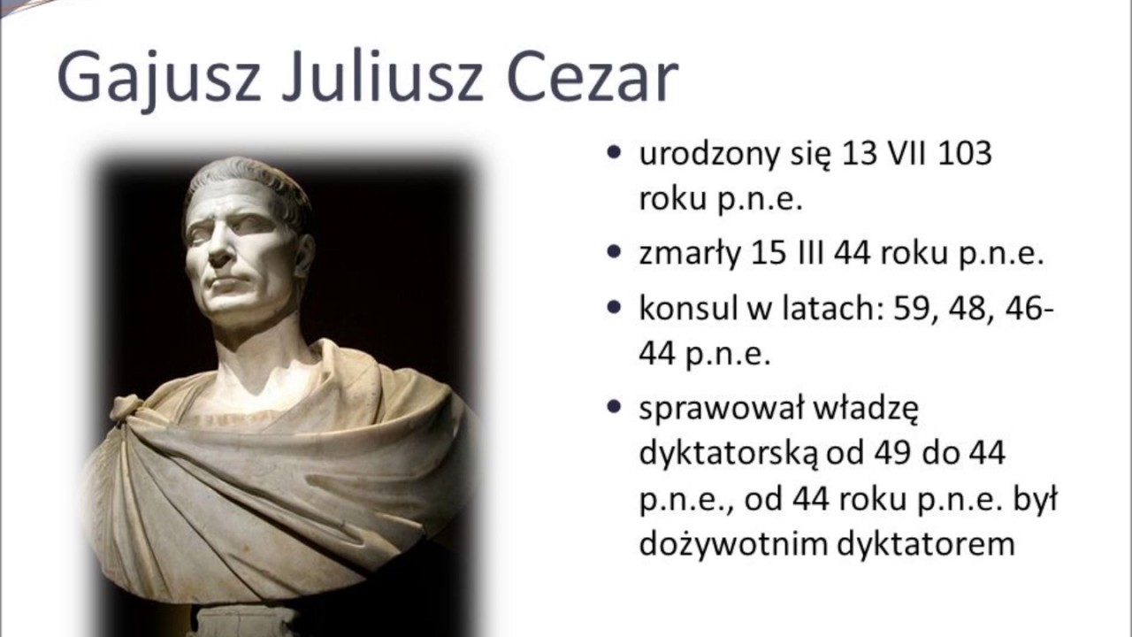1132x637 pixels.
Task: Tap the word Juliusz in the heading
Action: (379, 77)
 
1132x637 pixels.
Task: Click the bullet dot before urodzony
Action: (614, 153)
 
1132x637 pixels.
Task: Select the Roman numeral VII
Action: (900, 153)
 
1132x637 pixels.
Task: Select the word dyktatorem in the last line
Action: (929, 543)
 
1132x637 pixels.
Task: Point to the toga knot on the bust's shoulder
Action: (128, 409)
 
